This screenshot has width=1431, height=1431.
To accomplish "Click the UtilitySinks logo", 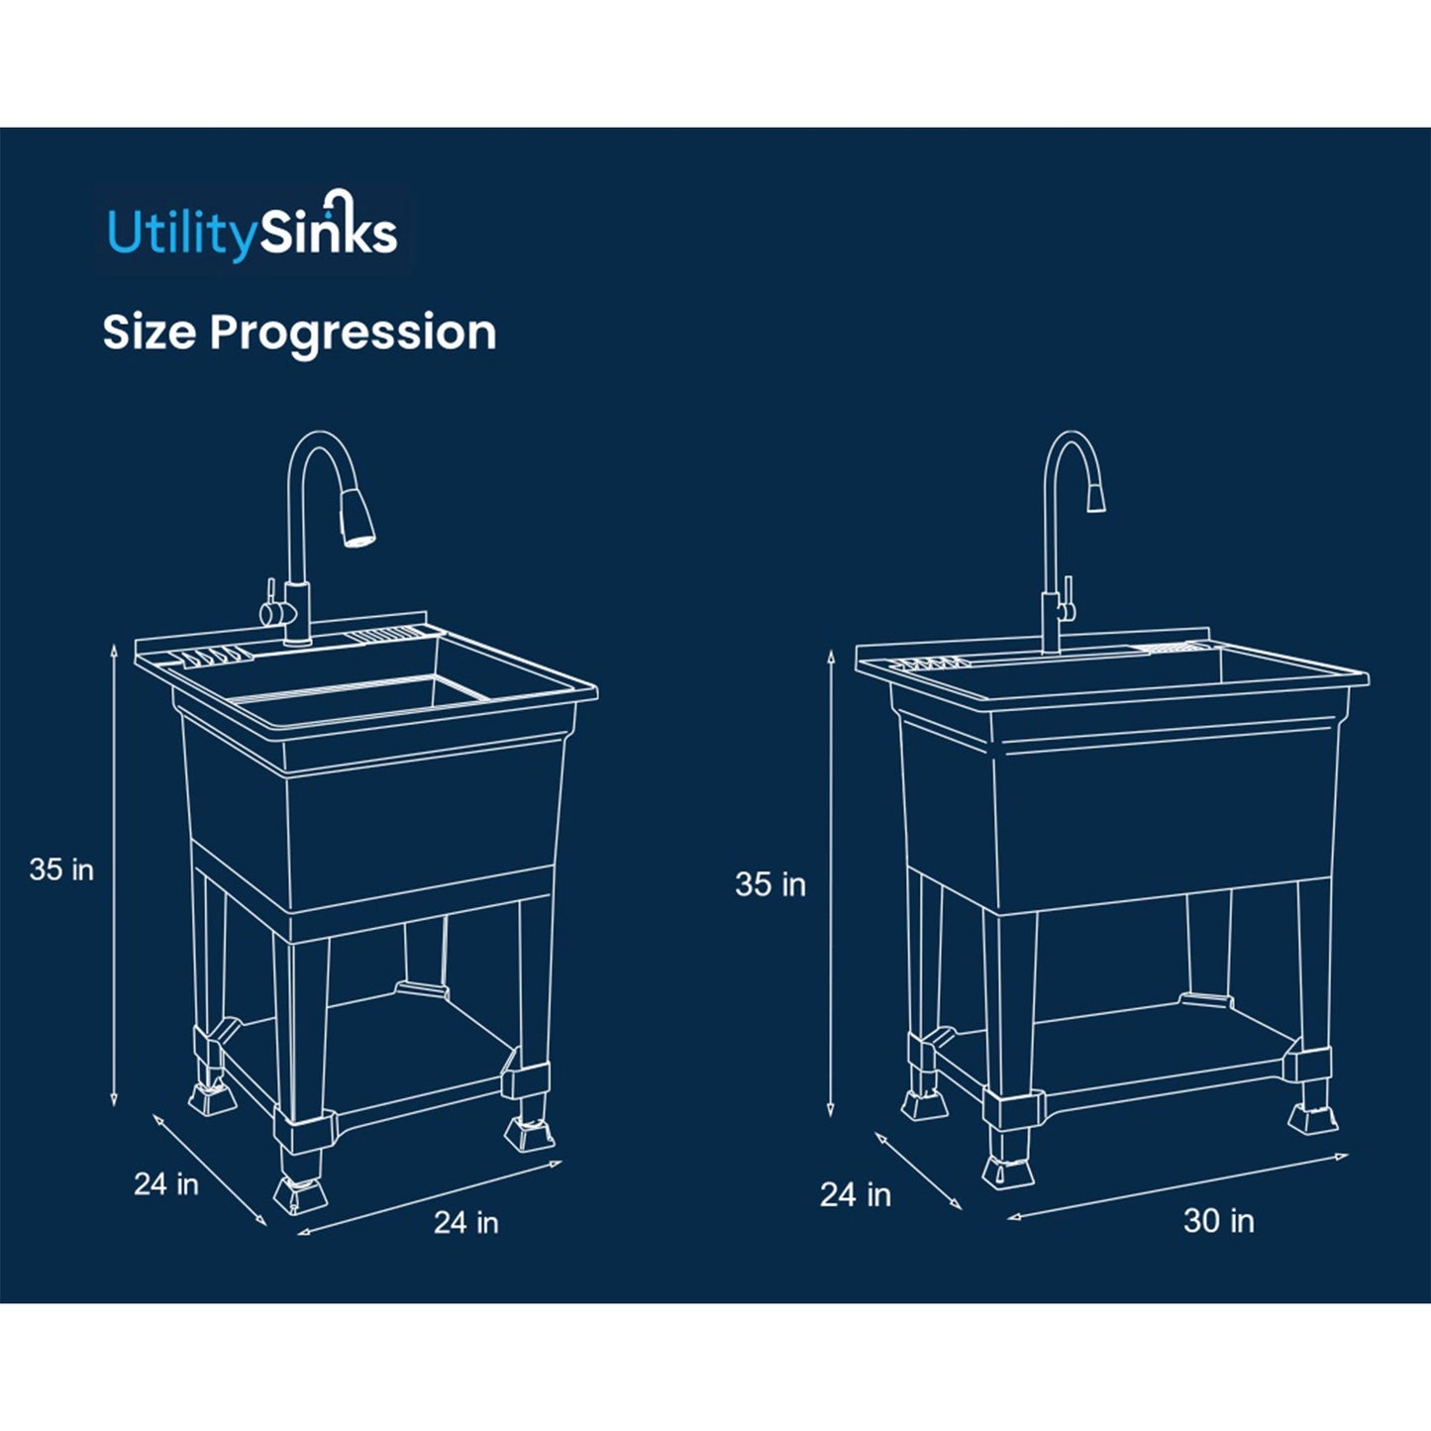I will click(253, 230).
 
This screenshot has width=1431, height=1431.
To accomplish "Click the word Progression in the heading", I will click(353, 333).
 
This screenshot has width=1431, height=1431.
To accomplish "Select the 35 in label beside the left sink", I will click(61, 869).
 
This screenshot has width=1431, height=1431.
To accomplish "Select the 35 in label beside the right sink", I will click(769, 884).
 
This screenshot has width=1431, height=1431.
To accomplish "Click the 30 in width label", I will click(1218, 1221).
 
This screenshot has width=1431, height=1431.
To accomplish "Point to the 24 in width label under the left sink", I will click(465, 1223).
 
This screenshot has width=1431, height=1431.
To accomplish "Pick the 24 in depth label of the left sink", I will click(165, 1183).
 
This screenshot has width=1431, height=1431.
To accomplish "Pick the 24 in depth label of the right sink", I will click(855, 1195).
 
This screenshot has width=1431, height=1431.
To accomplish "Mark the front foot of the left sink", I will click(298, 1191).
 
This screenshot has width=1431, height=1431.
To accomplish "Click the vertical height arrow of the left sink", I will click(114, 871).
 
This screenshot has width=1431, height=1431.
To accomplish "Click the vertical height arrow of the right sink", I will click(831, 881).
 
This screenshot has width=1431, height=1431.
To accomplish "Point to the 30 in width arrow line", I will click(1178, 1185).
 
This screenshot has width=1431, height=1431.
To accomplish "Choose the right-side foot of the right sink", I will click(1314, 1117).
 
